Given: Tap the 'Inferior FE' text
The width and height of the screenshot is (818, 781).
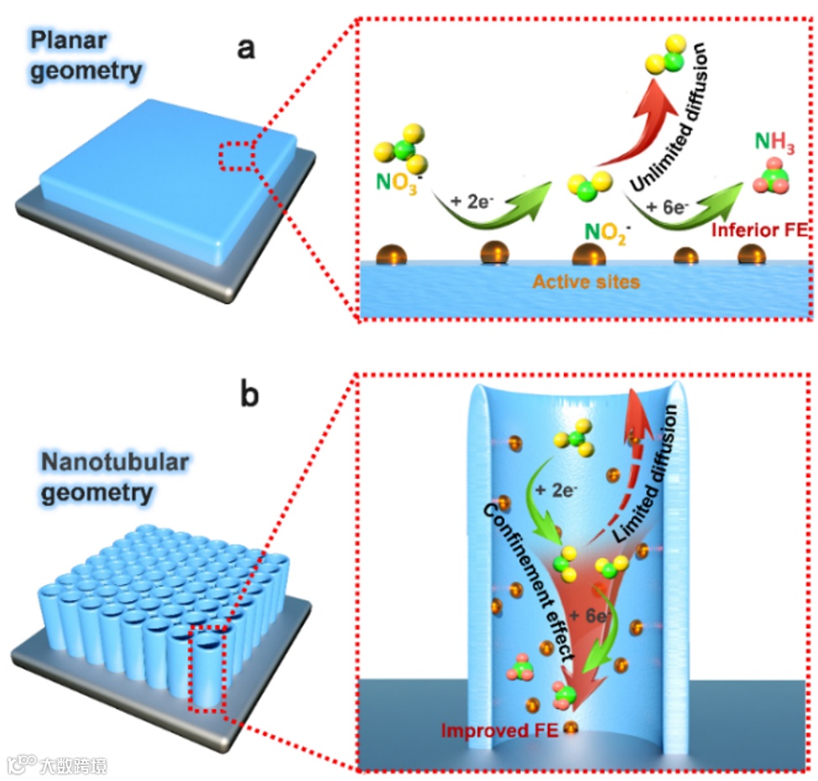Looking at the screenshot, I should point(758,226).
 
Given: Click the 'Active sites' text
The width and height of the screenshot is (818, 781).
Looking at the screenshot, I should point(584,282).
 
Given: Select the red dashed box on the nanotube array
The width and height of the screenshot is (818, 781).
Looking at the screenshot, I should point(206,667).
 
